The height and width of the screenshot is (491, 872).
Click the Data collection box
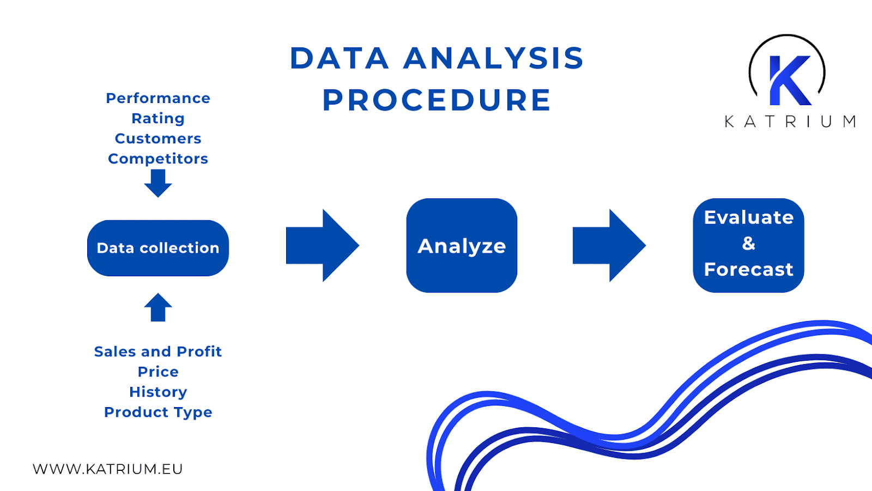click(158, 248)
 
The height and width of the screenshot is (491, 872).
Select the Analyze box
click(462, 246)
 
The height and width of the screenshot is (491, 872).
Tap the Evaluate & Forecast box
click(748, 245)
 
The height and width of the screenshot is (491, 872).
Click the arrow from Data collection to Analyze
click(322, 245)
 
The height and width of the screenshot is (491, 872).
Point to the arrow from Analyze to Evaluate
click(608, 245)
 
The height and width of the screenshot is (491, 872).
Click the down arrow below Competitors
click(158, 183)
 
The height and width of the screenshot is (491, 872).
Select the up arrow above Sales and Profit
click(158, 308)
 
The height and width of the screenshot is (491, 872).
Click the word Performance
click(158, 98)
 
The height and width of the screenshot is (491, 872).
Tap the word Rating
click(158, 118)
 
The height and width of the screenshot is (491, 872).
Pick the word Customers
click(158, 138)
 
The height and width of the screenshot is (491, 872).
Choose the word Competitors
click(158, 159)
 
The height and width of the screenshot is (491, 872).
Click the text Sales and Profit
click(158, 351)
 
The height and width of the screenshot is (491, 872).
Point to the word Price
click(158, 372)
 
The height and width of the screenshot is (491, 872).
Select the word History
click(158, 392)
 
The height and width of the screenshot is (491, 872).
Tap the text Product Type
click(158, 412)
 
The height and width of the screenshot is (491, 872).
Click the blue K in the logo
click(788, 80)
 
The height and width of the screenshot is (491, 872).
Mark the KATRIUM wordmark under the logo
click(790, 122)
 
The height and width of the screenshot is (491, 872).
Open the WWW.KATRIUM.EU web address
click(108, 469)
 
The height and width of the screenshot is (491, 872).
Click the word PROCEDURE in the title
click(437, 100)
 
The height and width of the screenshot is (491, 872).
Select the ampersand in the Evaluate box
click(749, 243)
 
